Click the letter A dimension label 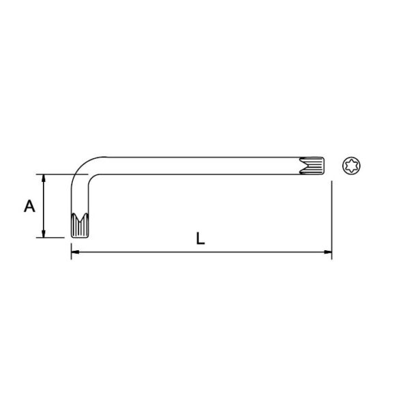[29, 206]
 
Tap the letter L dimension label [200, 239]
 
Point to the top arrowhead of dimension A [44, 178]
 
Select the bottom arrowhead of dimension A [44, 234]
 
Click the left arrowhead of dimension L [75, 252]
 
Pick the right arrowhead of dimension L [328, 252]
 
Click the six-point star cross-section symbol [351, 166]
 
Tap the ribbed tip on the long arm [312, 166]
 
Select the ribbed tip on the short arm [80, 226]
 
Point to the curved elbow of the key [81, 167]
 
